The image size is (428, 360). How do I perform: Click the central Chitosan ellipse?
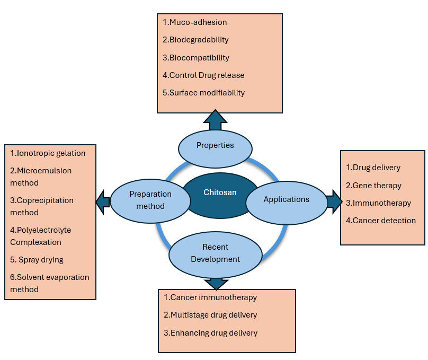(x=220, y=195)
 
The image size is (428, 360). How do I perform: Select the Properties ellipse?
(x=215, y=145)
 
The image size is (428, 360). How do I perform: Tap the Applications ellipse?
(x=286, y=200)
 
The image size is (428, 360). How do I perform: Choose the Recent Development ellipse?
(x=215, y=253)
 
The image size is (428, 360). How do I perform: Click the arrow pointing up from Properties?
(x=215, y=121)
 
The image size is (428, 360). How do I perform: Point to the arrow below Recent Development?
(x=216, y=282)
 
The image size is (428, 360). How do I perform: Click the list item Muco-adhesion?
(x=195, y=22)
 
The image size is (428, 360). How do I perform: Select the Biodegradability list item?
(x=195, y=40)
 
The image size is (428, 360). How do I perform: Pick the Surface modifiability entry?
(x=203, y=92)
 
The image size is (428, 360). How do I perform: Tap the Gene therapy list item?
(x=373, y=186)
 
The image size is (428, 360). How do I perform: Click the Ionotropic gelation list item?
(x=48, y=153)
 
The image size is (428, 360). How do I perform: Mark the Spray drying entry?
(x=37, y=260)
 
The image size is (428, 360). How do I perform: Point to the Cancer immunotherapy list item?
(x=210, y=297)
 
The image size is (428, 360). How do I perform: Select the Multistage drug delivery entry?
(x=210, y=315)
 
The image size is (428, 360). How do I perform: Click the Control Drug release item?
(x=203, y=75)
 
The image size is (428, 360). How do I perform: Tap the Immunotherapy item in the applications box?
(x=378, y=203)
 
